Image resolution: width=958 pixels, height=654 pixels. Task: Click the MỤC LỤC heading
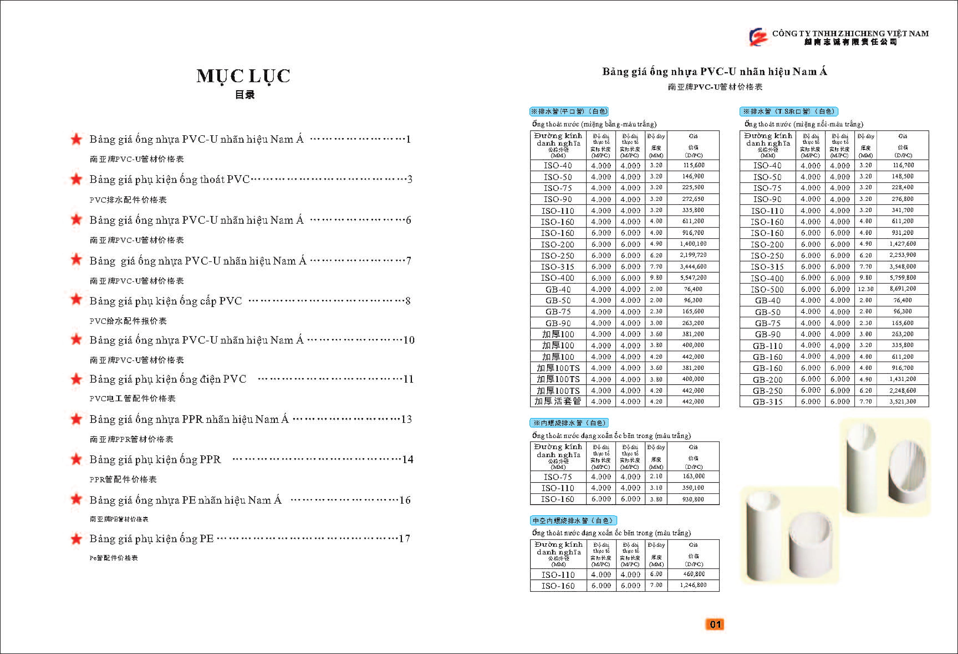click(x=243, y=76)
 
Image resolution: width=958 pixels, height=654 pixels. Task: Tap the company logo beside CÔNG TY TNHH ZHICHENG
click(x=758, y=37)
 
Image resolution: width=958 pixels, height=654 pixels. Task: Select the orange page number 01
click(x=715, y=624)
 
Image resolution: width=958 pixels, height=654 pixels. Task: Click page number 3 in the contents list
click(x=410, y=179)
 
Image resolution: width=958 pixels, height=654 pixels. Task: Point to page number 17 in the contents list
click(x=404, y=539)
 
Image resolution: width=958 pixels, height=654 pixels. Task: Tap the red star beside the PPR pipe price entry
click(x=76, y=419)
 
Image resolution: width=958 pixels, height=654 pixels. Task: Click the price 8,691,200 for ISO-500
click(x=902, y=289)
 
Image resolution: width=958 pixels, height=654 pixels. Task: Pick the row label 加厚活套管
click(x=558, y=401)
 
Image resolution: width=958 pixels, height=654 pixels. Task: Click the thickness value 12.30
click(x=865, y=289)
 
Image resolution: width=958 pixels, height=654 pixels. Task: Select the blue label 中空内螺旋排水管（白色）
click(x=573, y=520)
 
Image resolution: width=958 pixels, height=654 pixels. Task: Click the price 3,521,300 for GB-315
click(x=902, y=401)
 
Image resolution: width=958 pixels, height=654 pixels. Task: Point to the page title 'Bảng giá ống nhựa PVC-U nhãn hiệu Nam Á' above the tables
click(x=715, y=72)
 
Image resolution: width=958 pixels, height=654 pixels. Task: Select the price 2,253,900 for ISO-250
click(x=902, y=255)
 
